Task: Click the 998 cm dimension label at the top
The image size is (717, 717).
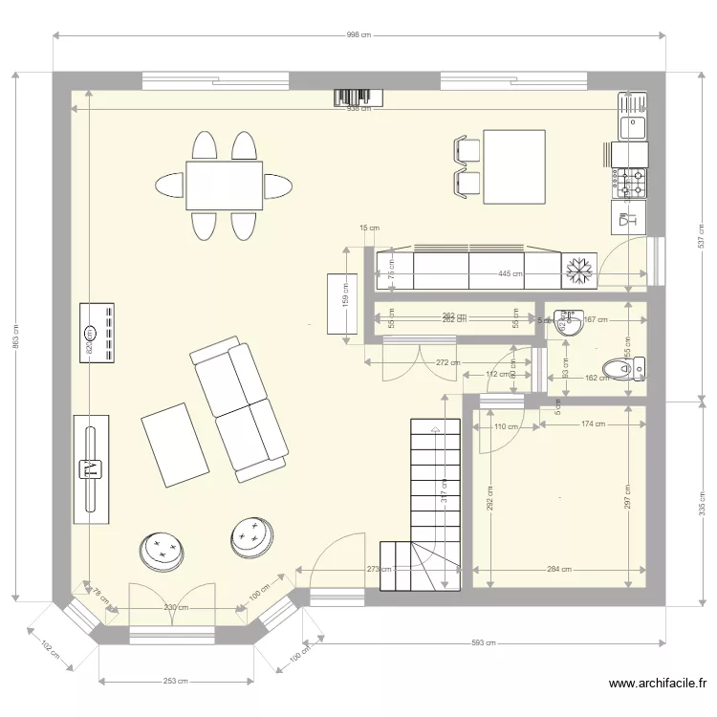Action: tap(358, 34)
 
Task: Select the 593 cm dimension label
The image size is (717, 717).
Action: tap(486, 642)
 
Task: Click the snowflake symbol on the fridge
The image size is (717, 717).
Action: tap(578, 271)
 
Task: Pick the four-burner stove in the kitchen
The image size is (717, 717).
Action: tap(631, 183)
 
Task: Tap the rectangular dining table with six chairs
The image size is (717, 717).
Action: tap(225, 185)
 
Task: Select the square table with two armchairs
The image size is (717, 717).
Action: tap(514, 167)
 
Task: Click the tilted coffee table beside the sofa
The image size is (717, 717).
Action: tap(175, 444)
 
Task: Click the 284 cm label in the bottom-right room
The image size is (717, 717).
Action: tap(558, 570)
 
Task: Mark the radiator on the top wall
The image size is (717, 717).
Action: tap(358, 98)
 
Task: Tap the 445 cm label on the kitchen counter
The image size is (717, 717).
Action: tap(510, 273)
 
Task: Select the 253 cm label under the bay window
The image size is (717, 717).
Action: tap(174, 681)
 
